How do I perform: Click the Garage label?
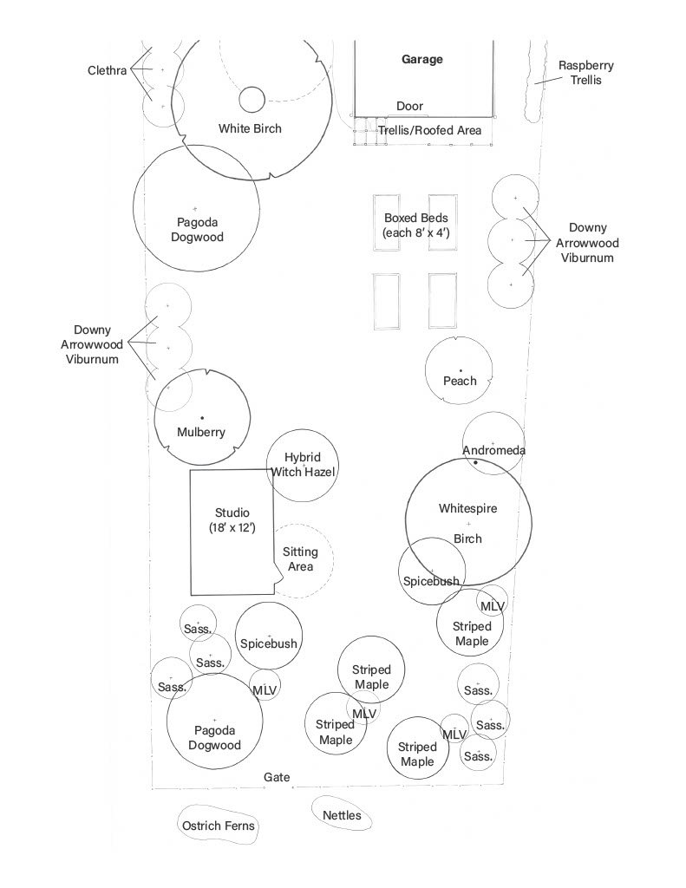tap(422, 60)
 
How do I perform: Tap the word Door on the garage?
tap(409, 106)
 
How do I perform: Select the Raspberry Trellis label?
tap(579, 73)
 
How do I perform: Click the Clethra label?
tap(107, 70)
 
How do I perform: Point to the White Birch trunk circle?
tap(252, 100)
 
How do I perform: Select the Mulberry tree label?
tap(201, 432)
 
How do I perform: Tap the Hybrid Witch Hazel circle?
tap(303, 466)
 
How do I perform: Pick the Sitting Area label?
tap(300, 559)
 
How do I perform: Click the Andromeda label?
tap(493, 450)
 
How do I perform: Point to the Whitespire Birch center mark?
tap(468, 524)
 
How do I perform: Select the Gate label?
tap(277, 778)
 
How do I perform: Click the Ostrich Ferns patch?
tap(219, 826)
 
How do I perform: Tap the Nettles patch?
tap(342, 815)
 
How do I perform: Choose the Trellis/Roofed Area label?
tap(429, 130)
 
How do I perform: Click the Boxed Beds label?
tap(415, 226)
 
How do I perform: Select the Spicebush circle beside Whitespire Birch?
tap(431, 573)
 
